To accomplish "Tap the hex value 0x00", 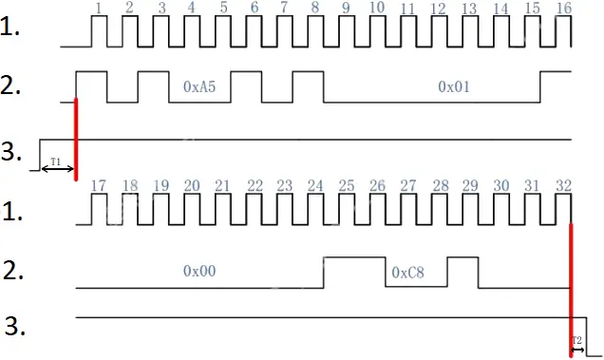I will point(199,271).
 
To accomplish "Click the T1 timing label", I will point(55,161).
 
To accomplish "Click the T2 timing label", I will point(576,339).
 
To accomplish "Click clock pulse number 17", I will point(99,186).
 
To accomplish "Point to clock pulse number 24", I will point(314,186).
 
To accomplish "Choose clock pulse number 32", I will point(563,186).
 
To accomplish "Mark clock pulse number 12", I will point(438,9).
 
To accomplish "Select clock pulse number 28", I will point(440,186).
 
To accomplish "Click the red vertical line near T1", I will point(75,133).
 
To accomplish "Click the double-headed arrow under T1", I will point(57,169).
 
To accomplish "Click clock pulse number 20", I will point(192,186).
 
